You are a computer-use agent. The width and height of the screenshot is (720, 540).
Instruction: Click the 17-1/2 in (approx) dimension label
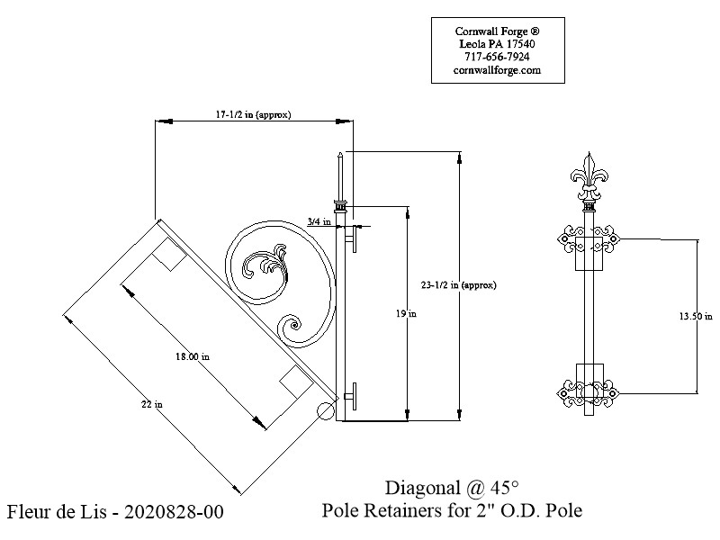point(253,115)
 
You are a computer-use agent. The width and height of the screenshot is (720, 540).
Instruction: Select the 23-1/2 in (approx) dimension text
point(459,285)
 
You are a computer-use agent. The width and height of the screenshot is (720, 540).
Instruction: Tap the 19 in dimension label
point(407,314)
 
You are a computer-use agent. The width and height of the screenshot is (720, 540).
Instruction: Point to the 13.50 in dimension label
point(696,316)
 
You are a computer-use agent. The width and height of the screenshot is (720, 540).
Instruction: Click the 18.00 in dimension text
point(193,356)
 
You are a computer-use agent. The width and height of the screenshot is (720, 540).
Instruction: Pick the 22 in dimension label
point(152,404)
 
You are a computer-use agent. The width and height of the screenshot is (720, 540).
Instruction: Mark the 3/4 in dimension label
point(319,221)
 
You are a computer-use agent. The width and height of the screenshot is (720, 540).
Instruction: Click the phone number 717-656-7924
point(497,57)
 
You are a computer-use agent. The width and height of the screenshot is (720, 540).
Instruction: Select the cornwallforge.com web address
point(497,70)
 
